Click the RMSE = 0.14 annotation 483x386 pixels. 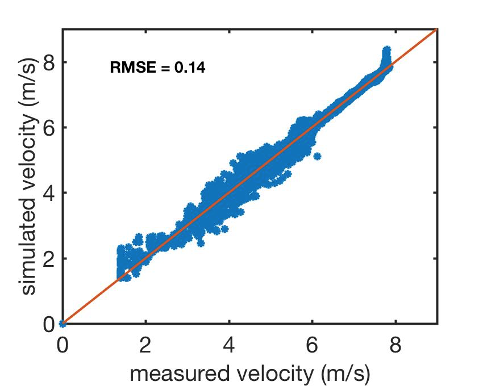157,68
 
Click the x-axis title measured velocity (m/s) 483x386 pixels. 251,374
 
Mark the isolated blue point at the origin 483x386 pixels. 63,324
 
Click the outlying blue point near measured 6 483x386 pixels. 317,156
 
